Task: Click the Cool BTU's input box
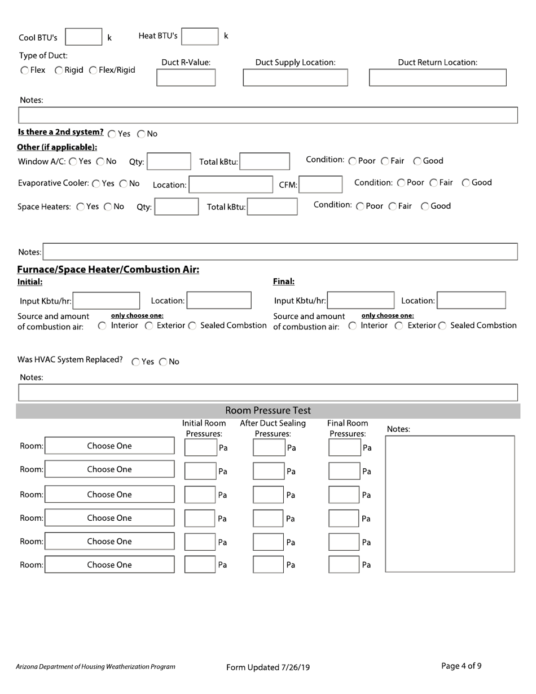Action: click(84, 37)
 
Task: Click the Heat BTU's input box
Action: click(200, 36)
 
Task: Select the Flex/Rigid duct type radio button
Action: click(94, 71)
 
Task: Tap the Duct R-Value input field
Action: click(186, 77)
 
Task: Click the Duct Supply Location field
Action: click(295, 77)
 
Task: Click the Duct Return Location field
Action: click(437, 77)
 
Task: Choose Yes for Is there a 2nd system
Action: click(112, 134)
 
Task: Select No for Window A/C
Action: click(100, 161)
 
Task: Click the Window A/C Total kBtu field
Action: click(265, 162)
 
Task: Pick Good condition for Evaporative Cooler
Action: click(466, 183)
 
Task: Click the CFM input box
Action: click(320, 185)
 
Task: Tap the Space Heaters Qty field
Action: click(176, 207)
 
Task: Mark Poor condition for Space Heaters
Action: click(361, 207)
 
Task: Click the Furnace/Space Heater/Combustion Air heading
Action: click(108, 269)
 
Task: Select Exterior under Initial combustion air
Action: click(149, 326)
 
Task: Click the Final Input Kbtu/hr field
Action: click(361, 300)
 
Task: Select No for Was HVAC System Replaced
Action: click(163, 362)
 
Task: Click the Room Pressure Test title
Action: click(268, 410)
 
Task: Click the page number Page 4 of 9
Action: click(461, 666)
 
